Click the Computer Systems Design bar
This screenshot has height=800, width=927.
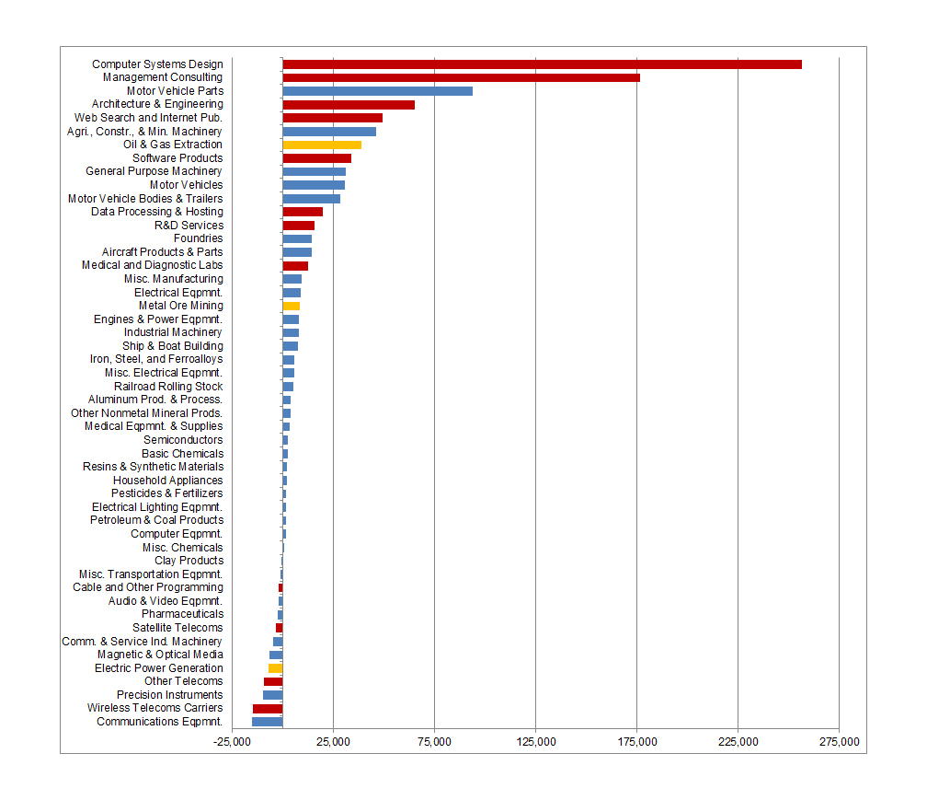pyautogui.click(x=542, y=64)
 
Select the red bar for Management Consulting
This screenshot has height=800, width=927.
pyautogui.click(x=461, y=77)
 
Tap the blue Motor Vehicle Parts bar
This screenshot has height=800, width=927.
pyautogui.click(x=377, y=91)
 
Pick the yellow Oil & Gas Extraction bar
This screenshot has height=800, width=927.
pyautogui.click(x=322, y=145)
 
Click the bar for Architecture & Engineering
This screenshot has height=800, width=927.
pyautogui.click(x=349, y=105)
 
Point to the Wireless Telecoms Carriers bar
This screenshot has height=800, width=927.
pyautogui.click(x=268, y=709)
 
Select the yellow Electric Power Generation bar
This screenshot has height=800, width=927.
pyautogui.click(x=275, y=668)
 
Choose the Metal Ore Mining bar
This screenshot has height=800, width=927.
pyautogui.click(x=291, y=306)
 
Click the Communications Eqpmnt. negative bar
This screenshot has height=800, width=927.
pyautogui.click(x=267, y=722)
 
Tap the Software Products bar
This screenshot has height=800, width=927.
pyautogui.click(x=316, y=158)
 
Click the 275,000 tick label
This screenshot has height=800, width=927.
pyautogui.click(x=839, y=742)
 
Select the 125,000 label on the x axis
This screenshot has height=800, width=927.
pyautogui.click(x=535, y=742)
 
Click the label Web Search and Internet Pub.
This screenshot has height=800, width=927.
pyautogui.click(x=148, y=118)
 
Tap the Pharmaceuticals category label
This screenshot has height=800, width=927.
pyautogui.click(x=182, y=614)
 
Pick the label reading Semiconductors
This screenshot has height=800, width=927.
pyautogui.click(x=183, y=440)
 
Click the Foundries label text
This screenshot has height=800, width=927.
pyautogui.click(x=198, y=238)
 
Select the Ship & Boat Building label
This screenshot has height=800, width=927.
pyautogui.click(x=172, y=346)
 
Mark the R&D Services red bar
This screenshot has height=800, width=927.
pyautogui.click(x=298, y=226)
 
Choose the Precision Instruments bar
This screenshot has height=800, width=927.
pyautogui.click(x=272, y=695)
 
